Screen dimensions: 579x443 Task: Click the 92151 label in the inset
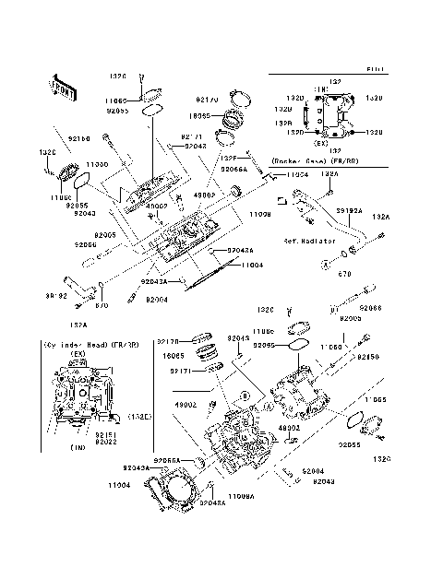coord(105,431)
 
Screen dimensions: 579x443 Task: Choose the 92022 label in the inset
coord(105,440)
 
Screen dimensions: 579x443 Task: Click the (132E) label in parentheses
coord(139,416)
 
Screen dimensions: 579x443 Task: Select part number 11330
coord(98,163)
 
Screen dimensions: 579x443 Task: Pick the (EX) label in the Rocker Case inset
coord(321,144)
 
